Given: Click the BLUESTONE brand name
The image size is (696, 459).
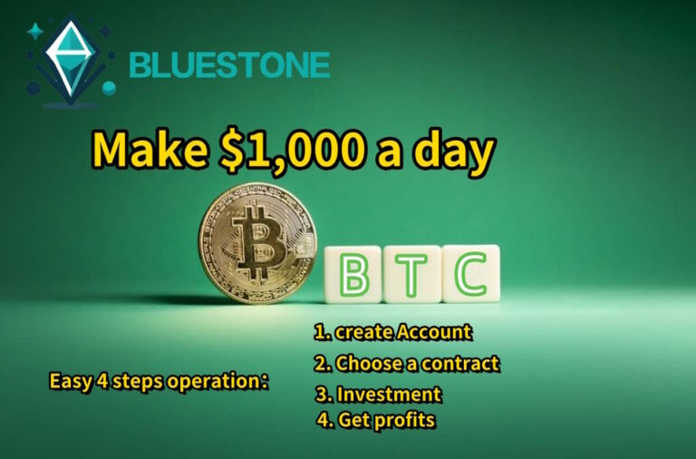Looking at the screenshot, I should pyautogui.click(x=229, y=65).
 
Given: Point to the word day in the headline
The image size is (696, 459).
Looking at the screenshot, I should pyautogui.click(x=453, y=150).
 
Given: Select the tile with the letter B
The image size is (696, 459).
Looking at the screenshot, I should pyautogui.click(x=353, y=273).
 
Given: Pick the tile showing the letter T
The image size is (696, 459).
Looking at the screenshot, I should pyautogui.click(x=412, y=273).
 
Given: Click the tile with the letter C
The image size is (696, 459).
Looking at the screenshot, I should pyautogui.click(x=470, y=273).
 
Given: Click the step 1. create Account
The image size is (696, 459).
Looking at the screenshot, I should pyautogui.click(x=391, y=333).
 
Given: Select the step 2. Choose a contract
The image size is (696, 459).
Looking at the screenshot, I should pyautogui.click(x=406, y=364).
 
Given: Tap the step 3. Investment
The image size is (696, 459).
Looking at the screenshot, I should pyautogui.click(x=378, y=395).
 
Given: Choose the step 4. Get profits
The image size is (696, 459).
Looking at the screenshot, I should pyautogui.click(x=375, y=421).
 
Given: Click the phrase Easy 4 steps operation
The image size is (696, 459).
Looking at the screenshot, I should pyautogui.click(x=158, y=381).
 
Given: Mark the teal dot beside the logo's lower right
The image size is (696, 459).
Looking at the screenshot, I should pyautogui.click(x=109, y=88).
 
